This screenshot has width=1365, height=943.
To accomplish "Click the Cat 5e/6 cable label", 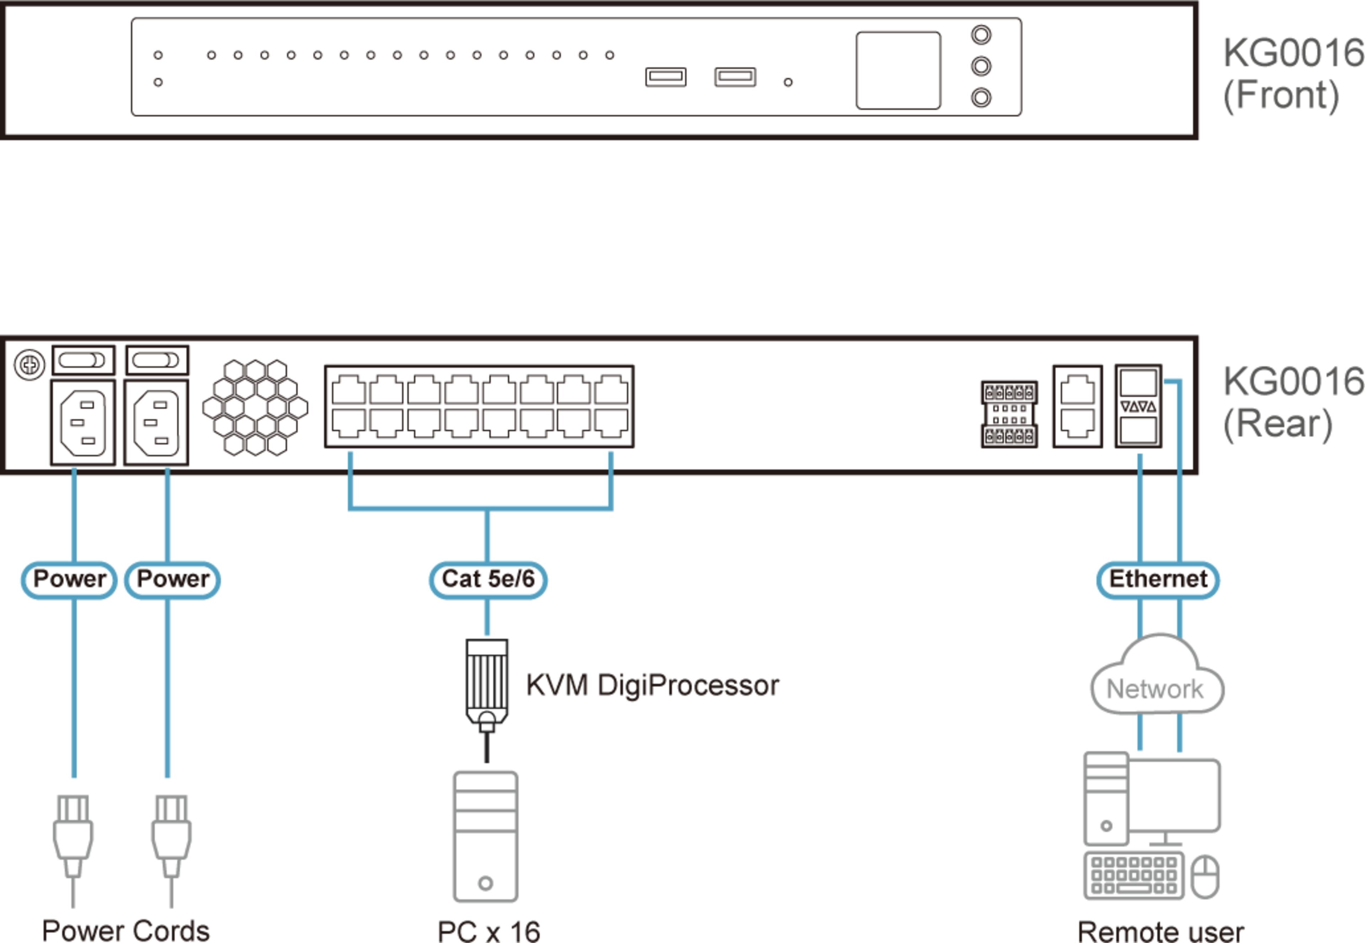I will click(x=487, y=579).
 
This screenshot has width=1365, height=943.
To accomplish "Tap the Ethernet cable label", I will click(x=1158, y=579).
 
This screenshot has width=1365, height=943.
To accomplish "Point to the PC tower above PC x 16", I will click(x=485, y=836).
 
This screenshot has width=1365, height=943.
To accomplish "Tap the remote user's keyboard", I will click(x=1133, y=876).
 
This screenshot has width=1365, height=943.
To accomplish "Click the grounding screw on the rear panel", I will click(x=29, y=365).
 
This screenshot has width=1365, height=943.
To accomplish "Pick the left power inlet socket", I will click(x=83, y=423).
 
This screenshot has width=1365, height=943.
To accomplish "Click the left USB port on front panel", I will click(x=665, y=77).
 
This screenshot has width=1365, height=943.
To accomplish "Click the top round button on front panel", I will click(x=981, y=35).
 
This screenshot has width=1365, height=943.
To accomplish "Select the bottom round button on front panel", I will click(x=981, y=97).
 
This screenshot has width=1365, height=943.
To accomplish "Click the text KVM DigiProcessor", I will click(x=652, y=685).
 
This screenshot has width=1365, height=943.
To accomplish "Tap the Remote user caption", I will click(x=1160, y=931).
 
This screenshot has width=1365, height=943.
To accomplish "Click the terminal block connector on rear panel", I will click(x=1009, y=414).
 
